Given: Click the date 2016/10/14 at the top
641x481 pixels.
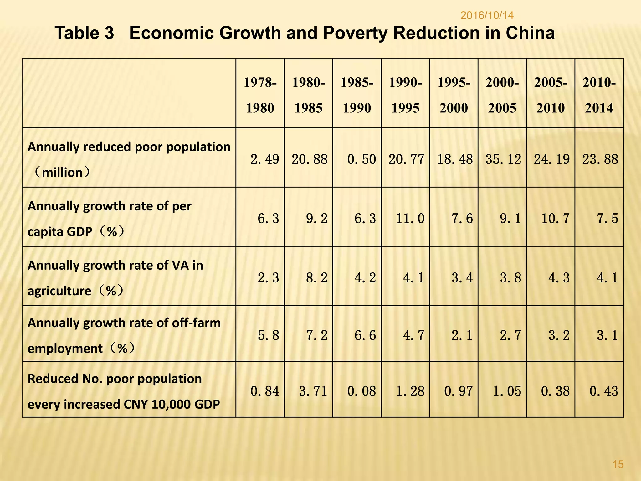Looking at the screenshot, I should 487,15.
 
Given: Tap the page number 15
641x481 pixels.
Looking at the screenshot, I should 618,464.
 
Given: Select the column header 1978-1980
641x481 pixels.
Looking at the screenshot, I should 260,95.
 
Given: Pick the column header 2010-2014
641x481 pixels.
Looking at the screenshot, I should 599,95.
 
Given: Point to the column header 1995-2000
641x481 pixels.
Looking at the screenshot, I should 454,95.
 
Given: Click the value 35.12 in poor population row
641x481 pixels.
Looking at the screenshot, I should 503,159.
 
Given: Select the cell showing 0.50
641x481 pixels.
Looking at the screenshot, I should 362,159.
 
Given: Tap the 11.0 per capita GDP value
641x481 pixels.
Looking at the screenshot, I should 410,218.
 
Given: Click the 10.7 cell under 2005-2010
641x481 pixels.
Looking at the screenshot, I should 556,218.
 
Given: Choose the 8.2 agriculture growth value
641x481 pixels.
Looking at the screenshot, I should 317,278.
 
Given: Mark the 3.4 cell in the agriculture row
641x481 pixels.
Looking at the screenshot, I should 462,278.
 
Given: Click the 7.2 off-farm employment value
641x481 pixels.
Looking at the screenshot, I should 317,335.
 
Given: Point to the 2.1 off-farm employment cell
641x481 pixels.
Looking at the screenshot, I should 462,335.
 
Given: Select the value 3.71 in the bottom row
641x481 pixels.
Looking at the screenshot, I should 313,391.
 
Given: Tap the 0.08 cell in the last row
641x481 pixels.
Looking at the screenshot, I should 362,391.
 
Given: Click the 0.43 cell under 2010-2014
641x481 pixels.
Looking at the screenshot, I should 604,391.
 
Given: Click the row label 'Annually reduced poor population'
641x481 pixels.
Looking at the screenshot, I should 129,147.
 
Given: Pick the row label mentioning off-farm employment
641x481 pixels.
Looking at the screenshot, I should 124,335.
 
